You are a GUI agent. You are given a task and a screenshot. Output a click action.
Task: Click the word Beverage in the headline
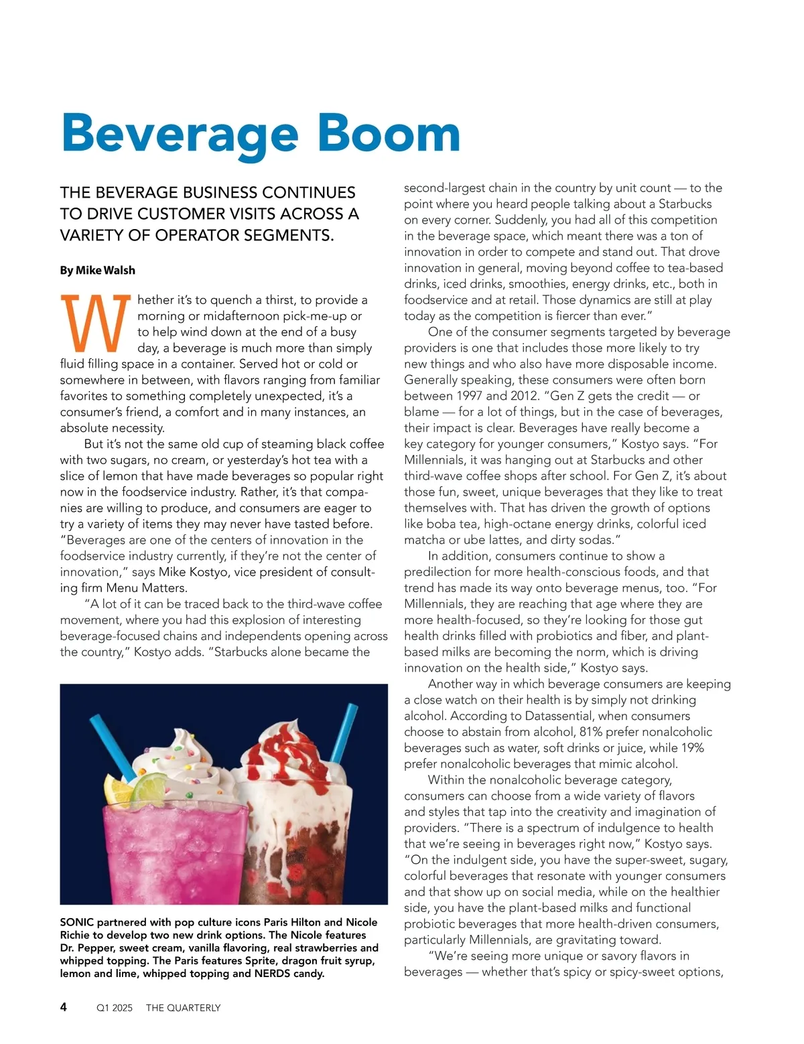tap(180, 134)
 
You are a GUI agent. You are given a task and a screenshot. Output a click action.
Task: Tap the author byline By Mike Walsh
tap(98, 271)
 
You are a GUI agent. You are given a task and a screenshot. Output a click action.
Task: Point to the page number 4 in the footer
tap(64, 1006)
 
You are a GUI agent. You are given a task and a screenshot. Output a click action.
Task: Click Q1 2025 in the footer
tap(115, 1008)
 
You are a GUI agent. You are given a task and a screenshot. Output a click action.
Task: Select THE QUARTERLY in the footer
tap(183, 1008)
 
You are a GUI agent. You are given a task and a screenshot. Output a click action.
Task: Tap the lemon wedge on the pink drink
tap(116, 788)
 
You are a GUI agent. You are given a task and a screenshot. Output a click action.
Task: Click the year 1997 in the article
tap(468, 396)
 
